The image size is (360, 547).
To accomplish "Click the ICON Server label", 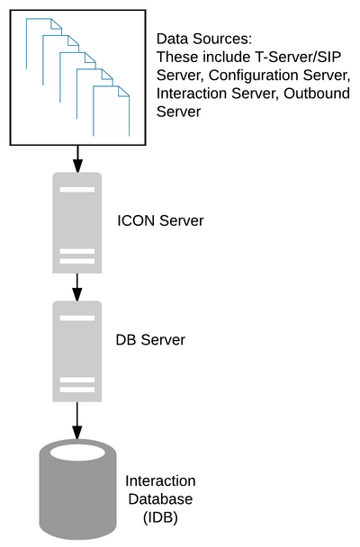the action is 160,220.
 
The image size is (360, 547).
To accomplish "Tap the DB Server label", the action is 150,340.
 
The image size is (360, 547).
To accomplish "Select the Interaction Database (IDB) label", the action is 160,499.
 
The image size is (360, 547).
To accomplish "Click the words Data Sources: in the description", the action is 204,39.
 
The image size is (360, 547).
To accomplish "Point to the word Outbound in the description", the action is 317,94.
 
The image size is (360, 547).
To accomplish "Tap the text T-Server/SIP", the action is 295,57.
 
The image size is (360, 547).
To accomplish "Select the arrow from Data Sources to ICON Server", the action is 77,159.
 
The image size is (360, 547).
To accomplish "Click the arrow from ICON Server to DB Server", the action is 77,287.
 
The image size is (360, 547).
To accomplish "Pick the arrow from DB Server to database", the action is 77,421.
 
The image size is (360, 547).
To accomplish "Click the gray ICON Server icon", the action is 77,222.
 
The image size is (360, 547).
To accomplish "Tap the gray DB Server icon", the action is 77,351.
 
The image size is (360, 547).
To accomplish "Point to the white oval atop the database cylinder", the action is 77,453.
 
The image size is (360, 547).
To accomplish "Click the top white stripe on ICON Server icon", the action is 77,190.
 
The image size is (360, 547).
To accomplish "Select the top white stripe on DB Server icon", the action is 77,318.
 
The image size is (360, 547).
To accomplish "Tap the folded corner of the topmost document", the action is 57,23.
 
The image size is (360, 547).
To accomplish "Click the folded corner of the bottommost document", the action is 124,91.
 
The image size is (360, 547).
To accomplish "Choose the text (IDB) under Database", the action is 160,517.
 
